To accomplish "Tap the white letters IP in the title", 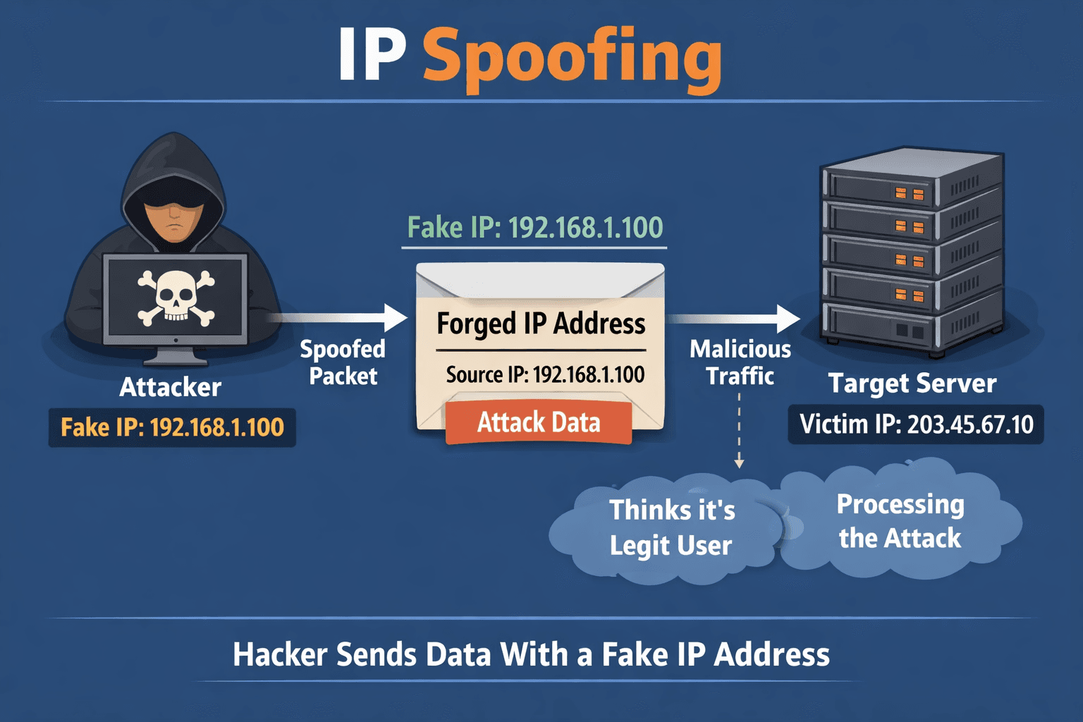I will [x=372, y=56].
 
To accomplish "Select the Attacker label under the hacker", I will [x=171, y=387].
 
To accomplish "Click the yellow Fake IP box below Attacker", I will [x=172, y=427].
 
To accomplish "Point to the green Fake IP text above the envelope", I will [x=535, y=228].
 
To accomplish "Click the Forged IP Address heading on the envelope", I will [x=541, y=324].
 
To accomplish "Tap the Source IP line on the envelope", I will [x=545, y=374].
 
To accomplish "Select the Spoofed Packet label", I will [x=343, y=362].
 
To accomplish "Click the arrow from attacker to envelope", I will [x=338, y=317].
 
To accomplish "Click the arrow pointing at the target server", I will [x=733, y=319].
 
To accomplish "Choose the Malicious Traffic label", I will [x=740, y=362].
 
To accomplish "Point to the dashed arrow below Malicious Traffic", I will [x=739, y=430].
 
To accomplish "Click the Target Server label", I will [x=912, y=384].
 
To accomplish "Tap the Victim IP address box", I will [x=916, y=424].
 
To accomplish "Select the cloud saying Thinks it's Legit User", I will [x=671, y=527].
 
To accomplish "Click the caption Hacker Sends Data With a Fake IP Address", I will [x=531, y=654].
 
